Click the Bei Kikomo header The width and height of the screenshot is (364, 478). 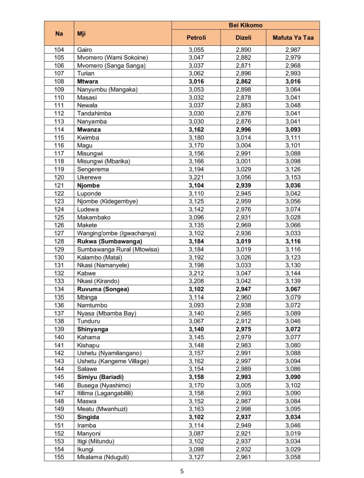[245, 25]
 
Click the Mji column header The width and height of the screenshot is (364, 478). [82, 33]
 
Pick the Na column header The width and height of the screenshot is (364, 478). [59, 33]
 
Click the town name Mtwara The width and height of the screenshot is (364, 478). [88, 81]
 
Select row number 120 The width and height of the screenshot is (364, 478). [59, 177]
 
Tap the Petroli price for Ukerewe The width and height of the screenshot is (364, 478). [196, 177]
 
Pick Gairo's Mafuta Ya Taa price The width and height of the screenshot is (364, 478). [293, 49]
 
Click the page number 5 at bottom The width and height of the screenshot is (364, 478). [182, 471]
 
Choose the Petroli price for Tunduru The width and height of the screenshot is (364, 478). [196, 321]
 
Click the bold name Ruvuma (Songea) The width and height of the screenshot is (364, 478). [103, 289]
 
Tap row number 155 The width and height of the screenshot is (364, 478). [59, 457]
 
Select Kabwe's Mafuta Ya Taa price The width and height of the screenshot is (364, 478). [293, 274]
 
